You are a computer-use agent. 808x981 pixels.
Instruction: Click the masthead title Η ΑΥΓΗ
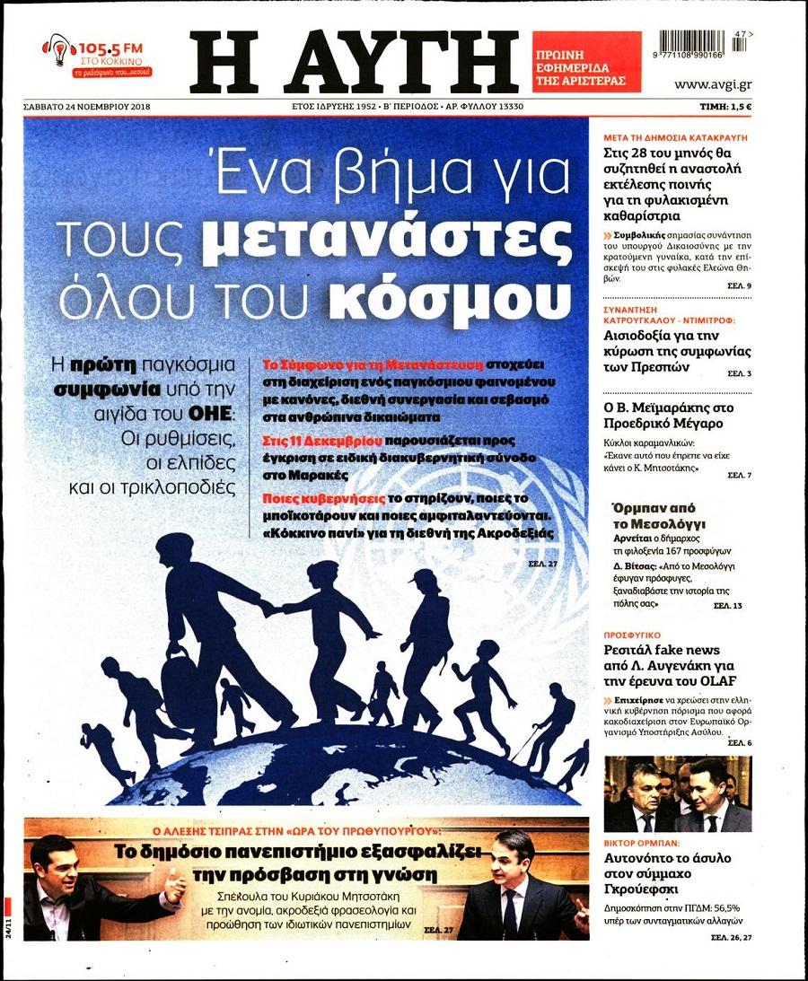click(x=354, y=60)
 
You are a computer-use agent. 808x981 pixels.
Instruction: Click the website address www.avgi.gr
click(x=713, y=84)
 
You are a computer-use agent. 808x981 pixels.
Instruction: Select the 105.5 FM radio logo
click(x=97, y=56)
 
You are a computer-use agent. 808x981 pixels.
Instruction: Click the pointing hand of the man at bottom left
click(x=174, y=889)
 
